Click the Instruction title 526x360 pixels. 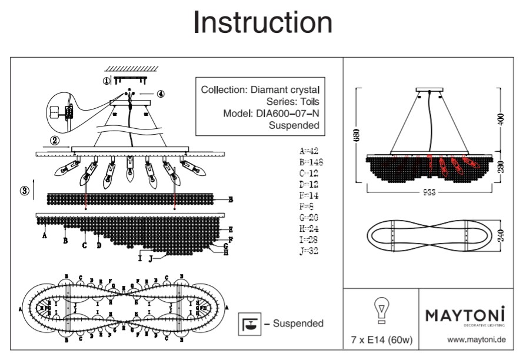coord(262,22)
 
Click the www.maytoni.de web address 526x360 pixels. coord(477,339)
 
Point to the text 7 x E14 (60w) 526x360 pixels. coord(381,339)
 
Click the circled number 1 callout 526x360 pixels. coord(106,80)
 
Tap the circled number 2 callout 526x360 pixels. coord(55,141)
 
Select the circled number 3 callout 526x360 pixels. coord(24,191)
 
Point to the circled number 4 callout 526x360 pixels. coord(161,94)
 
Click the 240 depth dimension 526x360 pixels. coord(501,237)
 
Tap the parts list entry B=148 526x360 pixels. coord(312,162)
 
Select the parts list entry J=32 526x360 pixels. coord(311,251)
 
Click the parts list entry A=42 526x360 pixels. coord(310,151)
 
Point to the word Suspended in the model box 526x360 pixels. coord(294,125)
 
